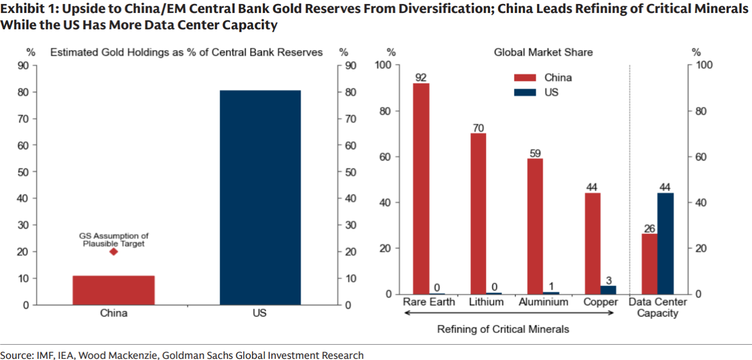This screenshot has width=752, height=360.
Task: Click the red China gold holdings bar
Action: click(x=114, y=290)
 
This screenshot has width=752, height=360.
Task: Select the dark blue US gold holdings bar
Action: click(x=260, y=197)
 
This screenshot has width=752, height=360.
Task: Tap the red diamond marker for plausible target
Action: click(x=114, y=251)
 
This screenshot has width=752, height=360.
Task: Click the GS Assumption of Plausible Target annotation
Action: click(x=114, y=240)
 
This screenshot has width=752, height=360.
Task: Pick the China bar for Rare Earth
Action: click(x=421, y=188)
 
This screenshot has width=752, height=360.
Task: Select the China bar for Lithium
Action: click(x=478, y=214)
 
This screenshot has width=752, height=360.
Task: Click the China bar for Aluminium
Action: click(x=535, y=226)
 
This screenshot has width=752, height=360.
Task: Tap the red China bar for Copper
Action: click(x=593, y=243)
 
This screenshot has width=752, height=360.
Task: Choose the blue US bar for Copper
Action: click(x=608, y=290)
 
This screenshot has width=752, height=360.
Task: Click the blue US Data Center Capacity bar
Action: click(x=665, y=243)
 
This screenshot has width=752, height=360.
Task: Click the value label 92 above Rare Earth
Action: click(x=421, y=77)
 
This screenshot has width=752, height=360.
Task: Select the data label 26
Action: click(x=650, y=228)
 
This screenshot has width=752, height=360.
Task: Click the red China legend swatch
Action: click(x=523, y=78)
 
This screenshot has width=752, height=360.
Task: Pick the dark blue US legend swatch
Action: click(x=523, y=91)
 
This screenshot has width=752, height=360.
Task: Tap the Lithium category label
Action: click(x=486, y=302)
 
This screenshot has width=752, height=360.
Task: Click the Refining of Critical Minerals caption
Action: click(x=503, y=329)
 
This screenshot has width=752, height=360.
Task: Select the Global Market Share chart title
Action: click(x=543, y=52)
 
